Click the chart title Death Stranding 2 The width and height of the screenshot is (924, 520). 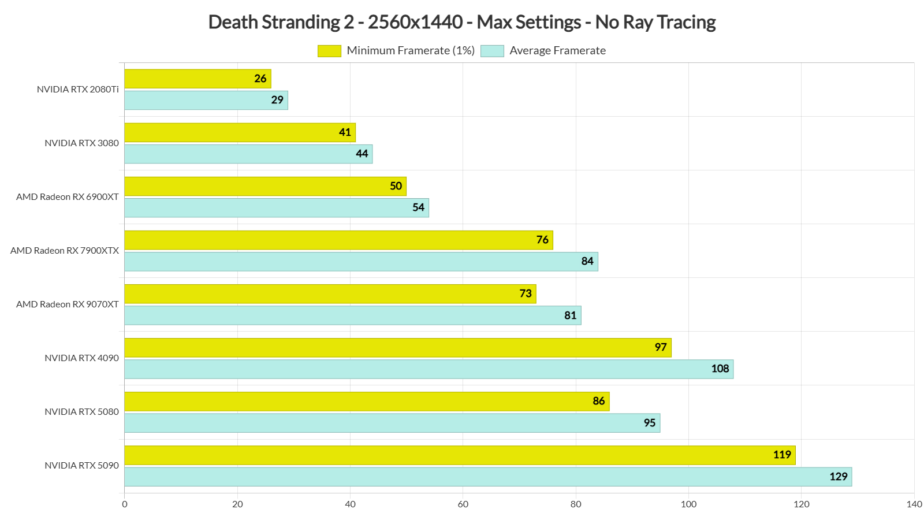461,22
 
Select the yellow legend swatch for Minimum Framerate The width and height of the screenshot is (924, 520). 329,51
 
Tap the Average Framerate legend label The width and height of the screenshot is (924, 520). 557,51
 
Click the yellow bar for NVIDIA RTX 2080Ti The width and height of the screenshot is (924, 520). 196,79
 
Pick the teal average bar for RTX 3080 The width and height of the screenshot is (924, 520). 248,154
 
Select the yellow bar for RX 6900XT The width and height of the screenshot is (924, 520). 265,186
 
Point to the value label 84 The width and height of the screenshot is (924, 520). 587,261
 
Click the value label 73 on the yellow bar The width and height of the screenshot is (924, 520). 526,294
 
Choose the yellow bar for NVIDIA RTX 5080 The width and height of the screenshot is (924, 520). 367,402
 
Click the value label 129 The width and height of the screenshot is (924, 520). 839,477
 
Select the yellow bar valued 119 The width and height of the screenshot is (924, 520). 460,455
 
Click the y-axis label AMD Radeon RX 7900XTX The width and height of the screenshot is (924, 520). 65,251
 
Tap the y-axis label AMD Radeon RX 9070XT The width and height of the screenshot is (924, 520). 68,304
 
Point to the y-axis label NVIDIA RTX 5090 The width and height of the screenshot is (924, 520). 81,466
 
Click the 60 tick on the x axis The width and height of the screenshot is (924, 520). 463,504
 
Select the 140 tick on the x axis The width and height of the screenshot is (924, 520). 914,504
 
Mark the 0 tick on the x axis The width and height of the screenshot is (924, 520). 125,504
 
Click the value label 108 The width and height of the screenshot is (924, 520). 720,369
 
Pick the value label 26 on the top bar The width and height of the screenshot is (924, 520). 260,79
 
